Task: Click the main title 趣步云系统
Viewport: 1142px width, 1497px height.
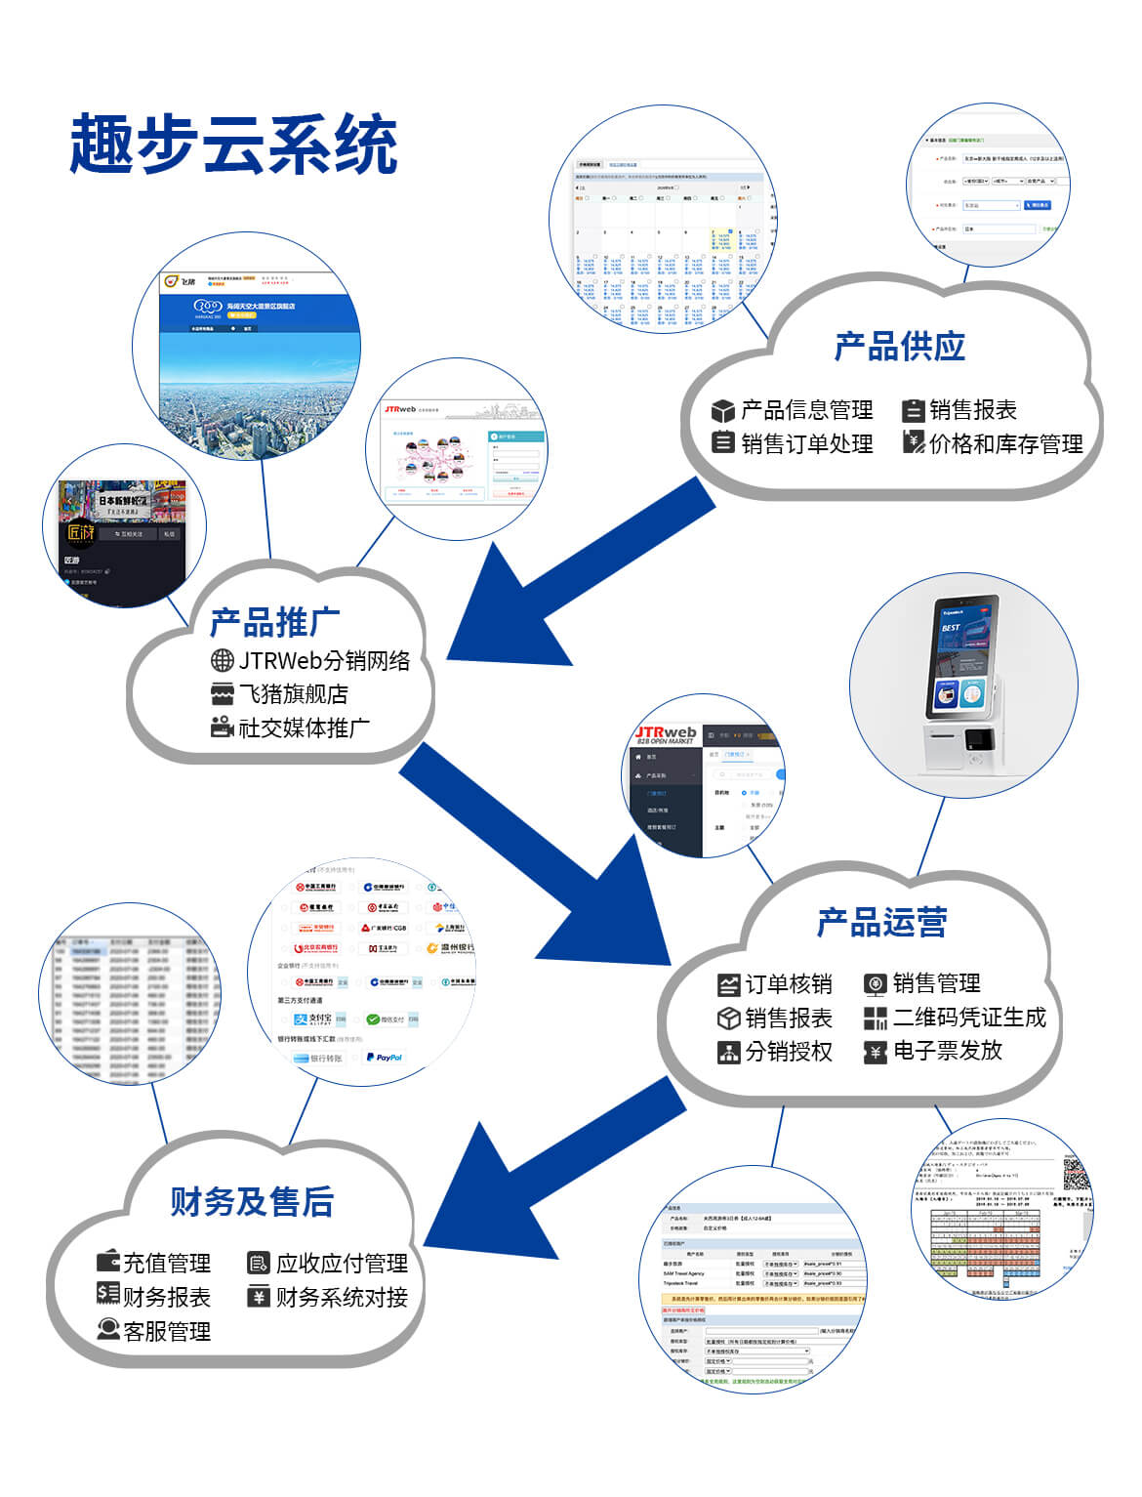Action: pyautogui.click(x=233, y=146)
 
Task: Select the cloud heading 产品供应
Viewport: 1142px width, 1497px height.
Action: pyautogui.click(x=899, y=347)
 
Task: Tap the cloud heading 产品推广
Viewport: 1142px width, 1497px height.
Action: pyautogui.click(x=274, y=622)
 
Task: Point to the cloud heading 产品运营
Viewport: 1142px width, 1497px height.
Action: pyautogui.click(x=881, y=922)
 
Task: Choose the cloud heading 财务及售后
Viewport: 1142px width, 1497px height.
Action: pyautogui.click(x=252, y=1201)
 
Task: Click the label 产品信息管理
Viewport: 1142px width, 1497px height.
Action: pyautogui.click(x=806, y=410)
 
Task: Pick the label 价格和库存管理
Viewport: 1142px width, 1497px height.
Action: pyautogui.click(x=1005, y=444)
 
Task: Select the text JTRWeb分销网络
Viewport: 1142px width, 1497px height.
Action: pyautogui.click(x=324, y=661)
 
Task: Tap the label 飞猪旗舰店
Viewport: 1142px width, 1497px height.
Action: pyautogui.click(x=294, y=694)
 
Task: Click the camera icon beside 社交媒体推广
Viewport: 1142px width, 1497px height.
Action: pyautogui.click(x=223, y=728)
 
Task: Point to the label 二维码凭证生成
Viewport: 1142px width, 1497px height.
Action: pyautogui.click(x=969, y=1018)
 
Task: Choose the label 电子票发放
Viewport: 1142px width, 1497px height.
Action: pyautogui.click(x=948, y=1051)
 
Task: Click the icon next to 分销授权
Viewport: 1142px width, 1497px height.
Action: pyautogui.click(x=728, y=1052)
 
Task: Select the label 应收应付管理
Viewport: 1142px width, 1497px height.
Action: pyautogui.click(x=342, y=1264)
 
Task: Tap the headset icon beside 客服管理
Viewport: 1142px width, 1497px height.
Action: pyautogui.click(x=108, y=1330)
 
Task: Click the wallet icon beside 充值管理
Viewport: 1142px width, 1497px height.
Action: pyautogui.click(x=108, y=1262)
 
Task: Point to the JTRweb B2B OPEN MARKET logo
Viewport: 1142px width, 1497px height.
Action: pyautogui.click(x=667, y=735)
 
